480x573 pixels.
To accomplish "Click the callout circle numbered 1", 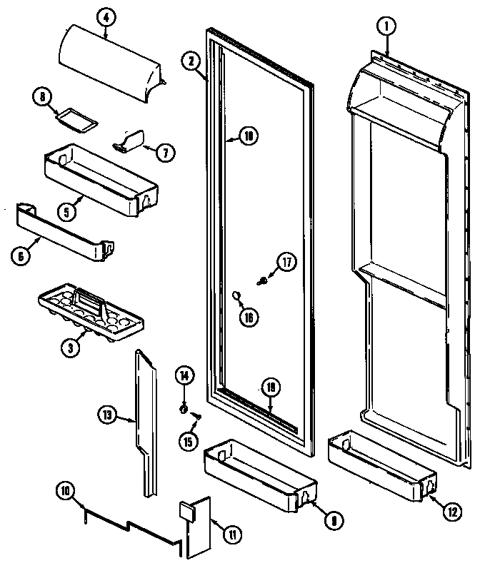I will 386,28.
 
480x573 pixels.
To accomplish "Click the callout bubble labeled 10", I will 65,491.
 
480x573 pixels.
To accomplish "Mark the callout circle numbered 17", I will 286,263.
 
